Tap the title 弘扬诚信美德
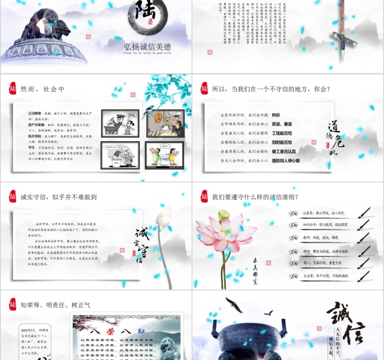[147, 46]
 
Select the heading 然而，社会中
[43, 89]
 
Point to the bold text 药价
[276, 115]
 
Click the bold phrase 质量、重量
[282, 124]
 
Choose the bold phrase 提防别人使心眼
[286, 161]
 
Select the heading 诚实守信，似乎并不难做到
[59, 197]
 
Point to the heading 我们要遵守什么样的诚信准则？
[255, 197]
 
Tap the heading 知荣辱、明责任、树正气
[55, 305]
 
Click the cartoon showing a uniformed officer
[120, 123]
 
